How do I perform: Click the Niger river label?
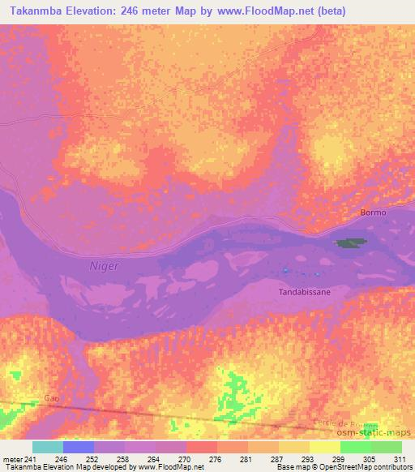click(x=104, y=265)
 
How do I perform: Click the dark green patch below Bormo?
click(x=351, y=242)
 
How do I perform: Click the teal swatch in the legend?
click(x=48, y=447)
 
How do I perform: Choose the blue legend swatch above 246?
click(x=79, y=447)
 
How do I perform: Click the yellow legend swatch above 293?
click(x=294, y=447)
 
